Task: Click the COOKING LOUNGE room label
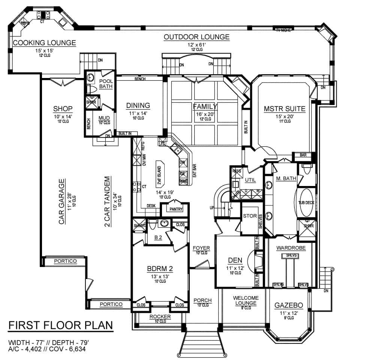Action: [44, 43]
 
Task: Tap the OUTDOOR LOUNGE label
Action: [196, 37]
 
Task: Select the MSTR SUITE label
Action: [284, 109]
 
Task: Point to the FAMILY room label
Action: [205, 106]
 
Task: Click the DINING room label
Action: [138, 105]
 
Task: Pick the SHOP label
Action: [63, 109]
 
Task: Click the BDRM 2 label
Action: [159, 268]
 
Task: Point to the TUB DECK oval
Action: [307, 202]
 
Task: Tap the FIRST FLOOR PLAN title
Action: [60, 325]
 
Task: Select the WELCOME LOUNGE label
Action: [246, 300]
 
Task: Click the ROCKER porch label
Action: [160, 317]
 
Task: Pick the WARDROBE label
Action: [291, 248]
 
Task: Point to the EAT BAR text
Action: [194, 171]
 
